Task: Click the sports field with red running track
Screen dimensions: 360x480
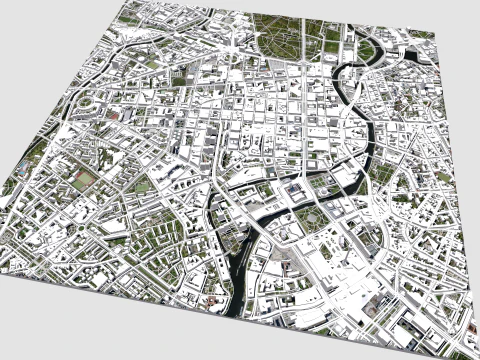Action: pyautogui.click(x=82, y=181)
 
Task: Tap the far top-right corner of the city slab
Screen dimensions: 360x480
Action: pyautogui.click(x=436, y=33)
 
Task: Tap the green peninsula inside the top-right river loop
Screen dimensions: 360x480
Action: pyautogui.click(x=366, y=50)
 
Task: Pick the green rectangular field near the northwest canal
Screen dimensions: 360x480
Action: pyautogui.click(x=150, y=63)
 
